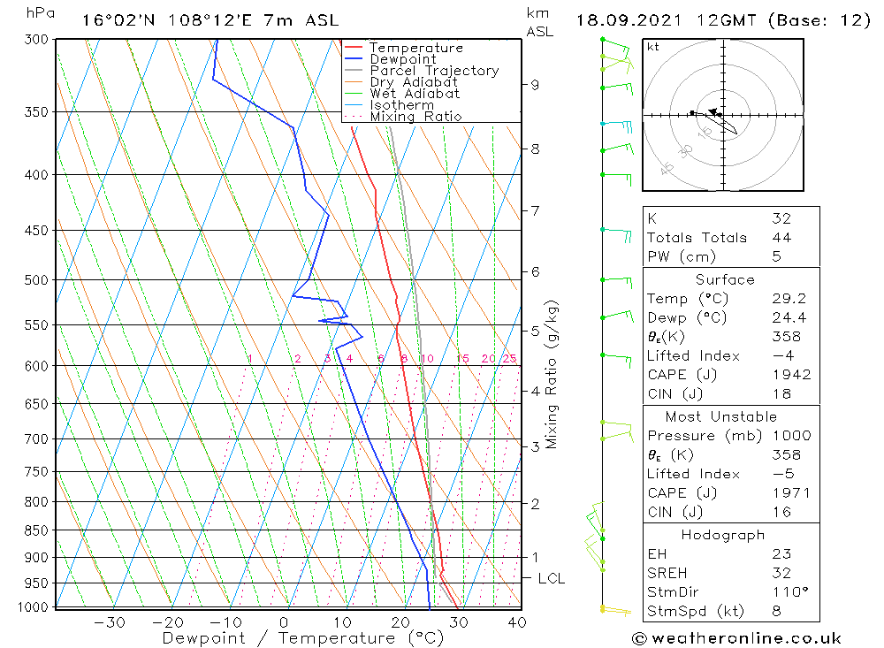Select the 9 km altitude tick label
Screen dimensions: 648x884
point(535,85)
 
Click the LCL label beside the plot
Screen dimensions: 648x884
point(551,579)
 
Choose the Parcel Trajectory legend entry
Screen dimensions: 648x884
point(434,71)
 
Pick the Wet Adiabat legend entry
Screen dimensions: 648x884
point(415,94)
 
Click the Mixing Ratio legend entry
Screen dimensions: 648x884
point(415,117)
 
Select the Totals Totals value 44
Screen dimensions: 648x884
point(781,238)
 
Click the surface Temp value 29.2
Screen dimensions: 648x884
point(787,299)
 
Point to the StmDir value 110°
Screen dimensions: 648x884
point(787,592)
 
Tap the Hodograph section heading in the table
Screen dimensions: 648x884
point(723,535)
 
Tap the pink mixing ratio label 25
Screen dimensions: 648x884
point(509,358)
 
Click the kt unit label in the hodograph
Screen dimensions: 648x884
point(653,47)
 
